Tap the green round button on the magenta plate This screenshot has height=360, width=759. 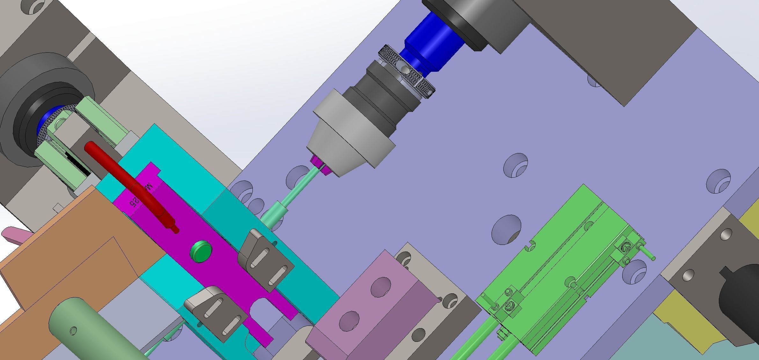pyautogui.click(x=201, y=251)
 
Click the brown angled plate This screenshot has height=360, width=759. pyautogui.click(x=80, y=255)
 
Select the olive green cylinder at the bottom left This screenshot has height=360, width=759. pyautogui.click(x=96, y=332)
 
